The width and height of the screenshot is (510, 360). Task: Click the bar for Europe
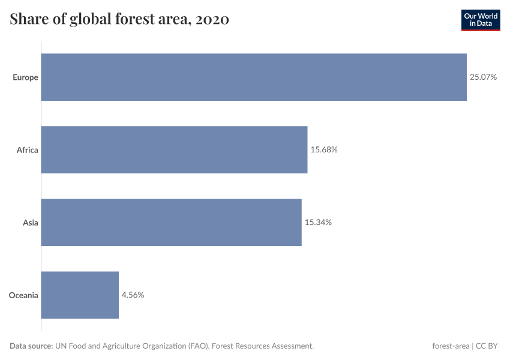254,77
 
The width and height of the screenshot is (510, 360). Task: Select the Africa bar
174,149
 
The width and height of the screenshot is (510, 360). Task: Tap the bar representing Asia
171,222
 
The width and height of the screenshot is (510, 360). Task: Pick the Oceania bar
80,295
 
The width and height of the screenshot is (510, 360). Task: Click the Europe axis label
25,77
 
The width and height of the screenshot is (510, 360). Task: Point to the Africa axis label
27,150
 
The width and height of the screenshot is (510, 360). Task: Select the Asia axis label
30,223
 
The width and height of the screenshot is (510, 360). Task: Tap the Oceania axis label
23,295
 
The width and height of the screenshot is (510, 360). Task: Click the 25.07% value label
483,77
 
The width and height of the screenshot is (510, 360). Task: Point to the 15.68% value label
324,150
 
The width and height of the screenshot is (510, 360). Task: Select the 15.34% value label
318,223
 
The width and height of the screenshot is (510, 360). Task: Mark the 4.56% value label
133,295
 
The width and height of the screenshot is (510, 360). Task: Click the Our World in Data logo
480,20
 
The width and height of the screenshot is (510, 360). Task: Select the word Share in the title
29,19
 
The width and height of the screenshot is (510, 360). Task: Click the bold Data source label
31,346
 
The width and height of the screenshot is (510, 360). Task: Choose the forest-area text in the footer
451,346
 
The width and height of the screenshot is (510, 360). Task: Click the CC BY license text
487,346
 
